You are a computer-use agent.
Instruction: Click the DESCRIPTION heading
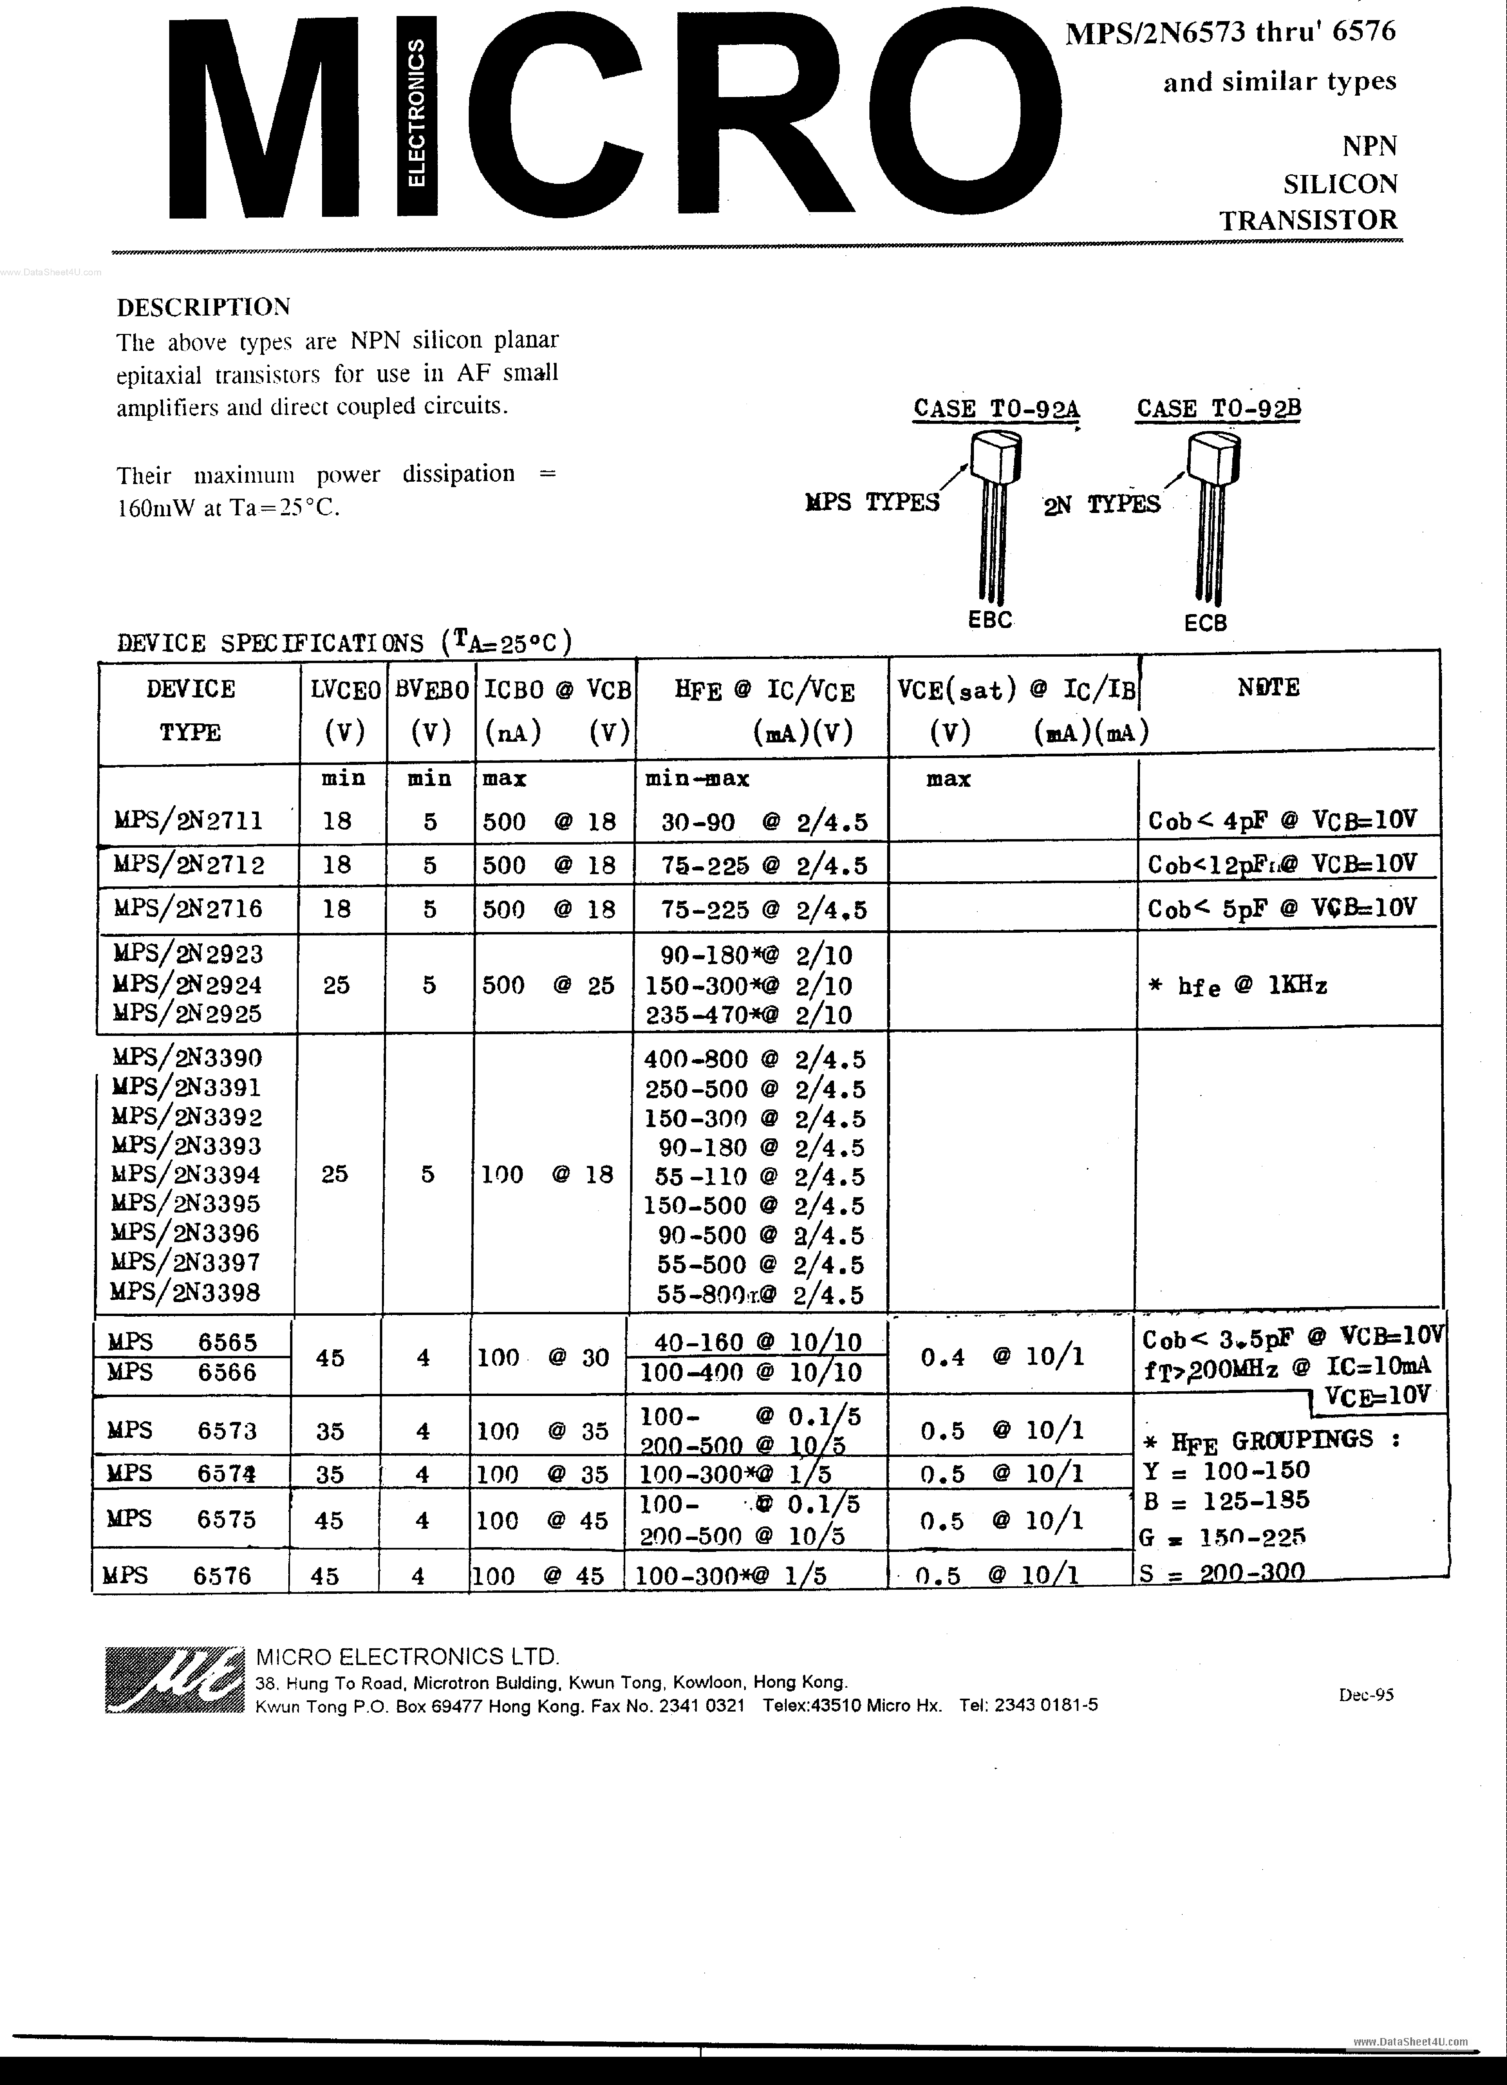coord(203,306)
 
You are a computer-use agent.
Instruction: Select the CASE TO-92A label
coord(996,408)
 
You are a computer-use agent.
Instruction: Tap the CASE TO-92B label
coord(1218,408)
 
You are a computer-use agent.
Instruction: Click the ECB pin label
coord(1205,623)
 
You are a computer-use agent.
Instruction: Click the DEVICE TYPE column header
coord(190,710)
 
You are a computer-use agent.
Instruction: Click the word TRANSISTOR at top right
coord(1308,221)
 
